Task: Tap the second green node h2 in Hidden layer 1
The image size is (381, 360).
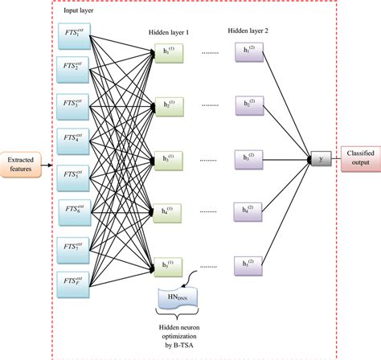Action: [x=166, y=104]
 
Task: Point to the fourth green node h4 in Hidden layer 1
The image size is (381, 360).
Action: [x=166, y=212]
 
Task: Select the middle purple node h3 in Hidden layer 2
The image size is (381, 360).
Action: [x=247, y=157]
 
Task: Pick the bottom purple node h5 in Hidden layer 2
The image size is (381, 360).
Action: [x=247, y=264]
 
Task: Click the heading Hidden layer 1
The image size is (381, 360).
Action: [x=170, y=32]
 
